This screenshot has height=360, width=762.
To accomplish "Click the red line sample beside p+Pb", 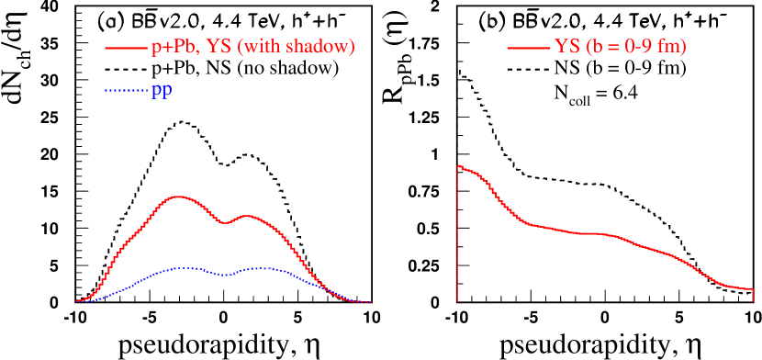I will coord(127,48).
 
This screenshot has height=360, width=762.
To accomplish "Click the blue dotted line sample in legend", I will coord(127,91).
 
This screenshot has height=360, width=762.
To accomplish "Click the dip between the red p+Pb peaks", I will coord(223,222).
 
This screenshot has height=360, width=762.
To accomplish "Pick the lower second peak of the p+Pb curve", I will coord(247,216).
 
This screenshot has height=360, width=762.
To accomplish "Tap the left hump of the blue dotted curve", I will coord(184,268).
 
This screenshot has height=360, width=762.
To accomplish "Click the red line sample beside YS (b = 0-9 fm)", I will coord(528,48).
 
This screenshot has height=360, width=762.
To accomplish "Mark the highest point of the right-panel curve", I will coord(459,166).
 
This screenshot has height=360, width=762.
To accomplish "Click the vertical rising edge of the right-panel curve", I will coord(458,239).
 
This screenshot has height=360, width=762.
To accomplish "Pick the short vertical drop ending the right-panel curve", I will coord(753,295).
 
